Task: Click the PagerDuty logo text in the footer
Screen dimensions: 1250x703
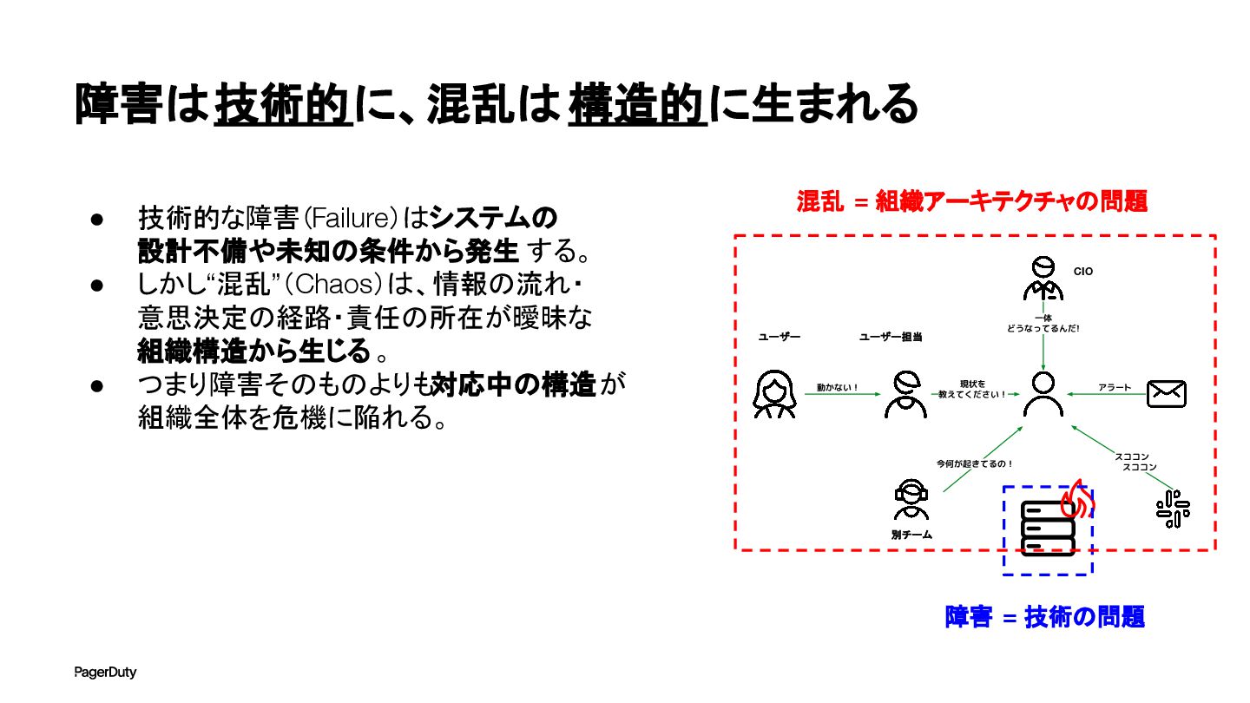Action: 105,673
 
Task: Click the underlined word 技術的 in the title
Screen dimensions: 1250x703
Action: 284,104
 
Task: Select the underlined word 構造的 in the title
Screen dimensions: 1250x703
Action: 638,104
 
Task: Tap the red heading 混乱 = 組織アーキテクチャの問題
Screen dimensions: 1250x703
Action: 972,202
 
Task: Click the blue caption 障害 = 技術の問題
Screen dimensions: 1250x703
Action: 1045,617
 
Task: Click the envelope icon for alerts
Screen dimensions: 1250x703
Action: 1166,393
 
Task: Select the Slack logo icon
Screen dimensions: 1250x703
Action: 1173,509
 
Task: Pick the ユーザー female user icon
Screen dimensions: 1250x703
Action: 774,394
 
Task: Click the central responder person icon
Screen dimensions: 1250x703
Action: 1043,394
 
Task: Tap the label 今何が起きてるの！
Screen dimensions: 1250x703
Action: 975,463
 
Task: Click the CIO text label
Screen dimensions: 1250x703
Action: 1082,272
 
